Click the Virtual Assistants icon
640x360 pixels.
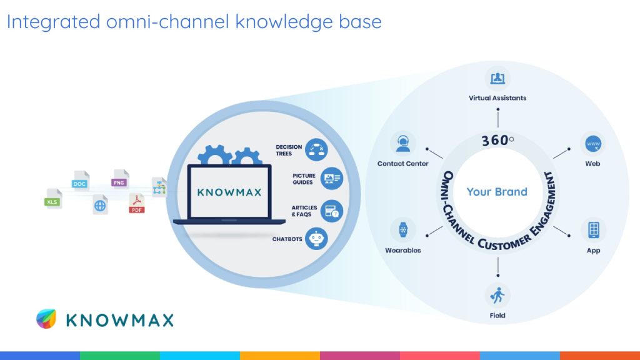tap(497, 78)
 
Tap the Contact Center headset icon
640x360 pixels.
tap(402, 143)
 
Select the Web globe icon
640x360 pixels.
tap(592, 144)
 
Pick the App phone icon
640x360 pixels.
tap(593, 229)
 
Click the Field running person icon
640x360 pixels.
tap(497, 294)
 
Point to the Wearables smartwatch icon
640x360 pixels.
tap(403, 229)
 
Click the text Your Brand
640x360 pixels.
tap(497, 192)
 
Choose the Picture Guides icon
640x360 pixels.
tap(332, 179)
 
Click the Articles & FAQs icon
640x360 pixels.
tap(332, 211)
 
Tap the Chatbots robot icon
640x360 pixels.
tap(316, 239)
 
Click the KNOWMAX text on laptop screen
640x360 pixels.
tap(229, 192)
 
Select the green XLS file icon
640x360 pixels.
tap(54, 199)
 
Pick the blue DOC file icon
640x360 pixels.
tap(80, 181)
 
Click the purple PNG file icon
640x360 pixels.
tap(119, 180)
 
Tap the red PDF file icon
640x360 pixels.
tap(136, 204)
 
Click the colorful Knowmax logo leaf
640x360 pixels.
tap(46, 319)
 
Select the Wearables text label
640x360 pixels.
tap(403, 251)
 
